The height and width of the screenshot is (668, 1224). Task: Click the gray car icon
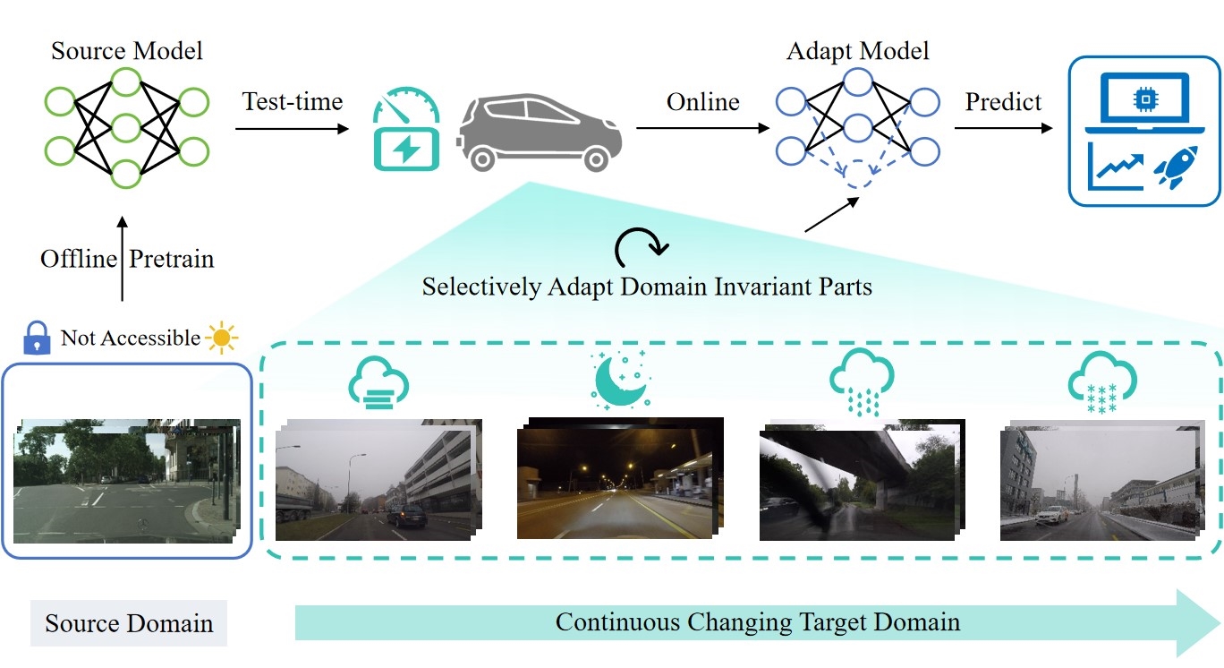[x=540, y=133]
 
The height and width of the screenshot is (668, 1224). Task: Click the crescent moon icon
[x=621, y=381]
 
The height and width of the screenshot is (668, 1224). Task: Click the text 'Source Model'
[x=126, y=50]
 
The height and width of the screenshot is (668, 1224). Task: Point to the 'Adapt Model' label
[x=857, y=50]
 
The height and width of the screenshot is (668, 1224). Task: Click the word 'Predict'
[x=1003, y=102]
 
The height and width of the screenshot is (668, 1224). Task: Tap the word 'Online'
[x=702, y=102]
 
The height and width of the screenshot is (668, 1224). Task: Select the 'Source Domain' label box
[x=128, y=623]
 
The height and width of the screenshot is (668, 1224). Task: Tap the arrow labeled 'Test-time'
[x=292, y=129]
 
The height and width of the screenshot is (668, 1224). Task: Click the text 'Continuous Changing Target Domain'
[x=757, y=621]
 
